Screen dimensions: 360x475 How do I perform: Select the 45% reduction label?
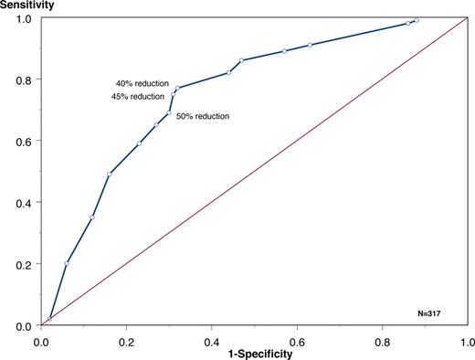pyautogui.click(x=138, y=96)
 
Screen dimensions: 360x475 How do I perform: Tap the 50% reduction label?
pyautogui.click(x=203, y=117)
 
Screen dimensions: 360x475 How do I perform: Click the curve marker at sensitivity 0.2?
pyautogui.click(x=67, y=263)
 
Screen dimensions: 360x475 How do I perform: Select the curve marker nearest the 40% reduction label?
pyautogui.click(x=177, y=88)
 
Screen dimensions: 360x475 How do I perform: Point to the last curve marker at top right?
pyautogui.click(x=417, y=20)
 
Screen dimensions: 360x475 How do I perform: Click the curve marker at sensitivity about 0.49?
pyautogui.click(x=110, y=174)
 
